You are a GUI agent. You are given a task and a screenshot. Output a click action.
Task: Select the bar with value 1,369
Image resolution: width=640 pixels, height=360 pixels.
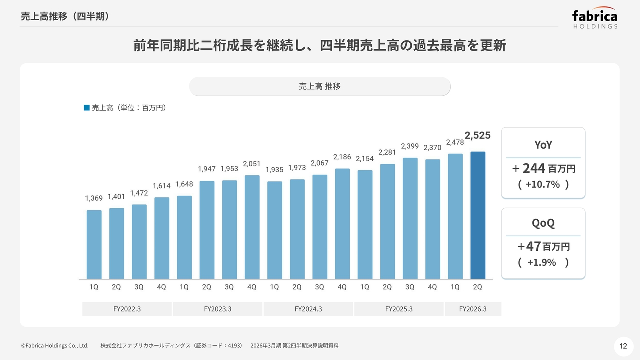point(94,244)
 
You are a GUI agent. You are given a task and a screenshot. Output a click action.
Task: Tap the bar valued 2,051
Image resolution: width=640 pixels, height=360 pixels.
point(252,227)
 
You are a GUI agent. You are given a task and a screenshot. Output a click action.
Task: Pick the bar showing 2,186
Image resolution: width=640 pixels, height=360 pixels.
point(342,223)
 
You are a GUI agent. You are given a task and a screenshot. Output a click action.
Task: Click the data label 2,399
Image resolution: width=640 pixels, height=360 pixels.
point(410,146)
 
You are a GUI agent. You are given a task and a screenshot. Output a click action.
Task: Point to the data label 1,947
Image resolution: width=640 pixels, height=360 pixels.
point(207,169)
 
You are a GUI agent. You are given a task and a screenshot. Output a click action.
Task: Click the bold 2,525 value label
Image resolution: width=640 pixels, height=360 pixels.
point(478,135)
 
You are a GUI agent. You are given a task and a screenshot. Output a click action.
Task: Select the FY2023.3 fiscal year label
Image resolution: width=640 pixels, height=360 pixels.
point(217,309)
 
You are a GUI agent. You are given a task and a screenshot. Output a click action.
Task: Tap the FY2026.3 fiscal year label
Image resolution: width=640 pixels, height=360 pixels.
point(473,309)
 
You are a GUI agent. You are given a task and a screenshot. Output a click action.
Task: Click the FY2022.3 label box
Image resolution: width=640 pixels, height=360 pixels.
point(127,309)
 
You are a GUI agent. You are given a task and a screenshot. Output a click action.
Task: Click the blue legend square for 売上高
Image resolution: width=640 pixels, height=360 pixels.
point(87,108)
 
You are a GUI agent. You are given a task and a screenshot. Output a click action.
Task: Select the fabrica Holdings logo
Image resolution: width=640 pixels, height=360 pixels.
point(595,19)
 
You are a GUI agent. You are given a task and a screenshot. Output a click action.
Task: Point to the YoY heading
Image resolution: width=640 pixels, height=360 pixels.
point(543,145)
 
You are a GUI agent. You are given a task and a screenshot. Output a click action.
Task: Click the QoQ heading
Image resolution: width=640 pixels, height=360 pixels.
point(543,223)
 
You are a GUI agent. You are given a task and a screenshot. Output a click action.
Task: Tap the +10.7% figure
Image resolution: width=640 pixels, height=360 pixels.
point(543,184)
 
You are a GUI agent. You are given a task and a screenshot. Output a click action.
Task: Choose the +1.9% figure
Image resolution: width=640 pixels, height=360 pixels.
point(541,262)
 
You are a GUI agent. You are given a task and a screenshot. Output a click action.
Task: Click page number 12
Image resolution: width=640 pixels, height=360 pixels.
point(623,346)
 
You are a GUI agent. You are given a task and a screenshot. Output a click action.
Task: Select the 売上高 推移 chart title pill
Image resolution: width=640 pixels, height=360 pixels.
point(320,86)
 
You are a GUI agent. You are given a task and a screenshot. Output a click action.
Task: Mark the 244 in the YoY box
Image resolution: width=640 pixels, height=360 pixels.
point(534,168)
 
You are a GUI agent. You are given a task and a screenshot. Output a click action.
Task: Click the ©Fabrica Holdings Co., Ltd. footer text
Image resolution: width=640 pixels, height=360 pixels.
point(55,345)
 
